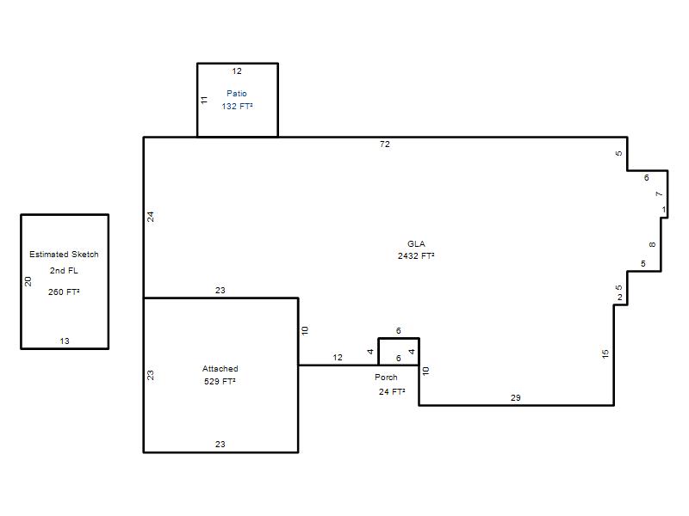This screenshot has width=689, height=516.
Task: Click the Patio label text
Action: coord(236,94)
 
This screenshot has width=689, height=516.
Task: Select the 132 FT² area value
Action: coord(237,106)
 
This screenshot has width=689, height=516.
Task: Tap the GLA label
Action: coord(416,244)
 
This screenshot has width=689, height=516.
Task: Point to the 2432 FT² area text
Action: coord(416,255)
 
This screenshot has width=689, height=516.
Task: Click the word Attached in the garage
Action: coord(220,369)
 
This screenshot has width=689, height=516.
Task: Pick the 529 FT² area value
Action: coord(220,381)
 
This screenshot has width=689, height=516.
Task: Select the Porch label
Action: coord(386,377)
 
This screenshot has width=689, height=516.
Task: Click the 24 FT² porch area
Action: coord(392,392)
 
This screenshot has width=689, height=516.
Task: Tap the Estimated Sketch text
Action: coord(64,254)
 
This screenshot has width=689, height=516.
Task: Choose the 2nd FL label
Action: coord(64,271)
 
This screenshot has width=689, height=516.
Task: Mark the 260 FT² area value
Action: coord(64,292)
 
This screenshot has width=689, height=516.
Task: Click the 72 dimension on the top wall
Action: coord(384,144)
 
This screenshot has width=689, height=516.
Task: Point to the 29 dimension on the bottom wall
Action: coord(515,397)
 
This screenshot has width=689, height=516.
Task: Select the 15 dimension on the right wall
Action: coord(605,353)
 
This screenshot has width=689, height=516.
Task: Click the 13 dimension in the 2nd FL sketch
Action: coord(65,341)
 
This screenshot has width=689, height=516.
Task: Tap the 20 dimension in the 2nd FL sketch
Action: coord(28,281)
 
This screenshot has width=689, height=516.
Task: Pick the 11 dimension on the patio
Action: coord(204,100)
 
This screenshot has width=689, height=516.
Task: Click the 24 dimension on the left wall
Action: coord(150,217)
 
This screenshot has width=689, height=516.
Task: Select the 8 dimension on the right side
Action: coord(652,244)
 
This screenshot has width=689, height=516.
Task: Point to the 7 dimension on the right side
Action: coord(658,194)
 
